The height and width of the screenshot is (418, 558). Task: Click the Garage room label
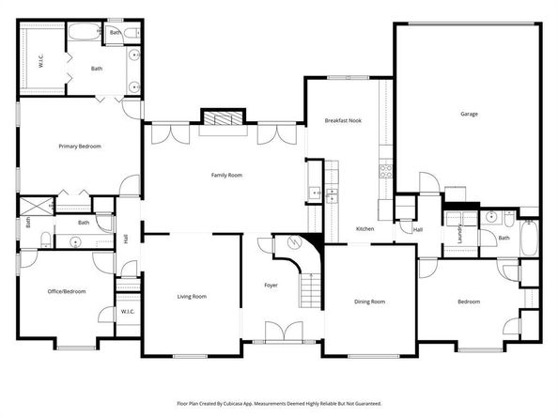469,115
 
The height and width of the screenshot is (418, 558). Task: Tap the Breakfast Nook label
343,121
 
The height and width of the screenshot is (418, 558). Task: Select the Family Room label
226,176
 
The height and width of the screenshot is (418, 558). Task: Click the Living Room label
192,297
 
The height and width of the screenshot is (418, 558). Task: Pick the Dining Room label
369,302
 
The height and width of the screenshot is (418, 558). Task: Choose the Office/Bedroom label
67,292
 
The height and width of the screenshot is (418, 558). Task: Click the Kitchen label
365,229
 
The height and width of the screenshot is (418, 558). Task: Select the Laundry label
458,232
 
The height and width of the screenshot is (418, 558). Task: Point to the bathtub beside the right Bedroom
529,240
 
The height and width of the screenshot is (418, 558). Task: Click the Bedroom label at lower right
469,302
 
